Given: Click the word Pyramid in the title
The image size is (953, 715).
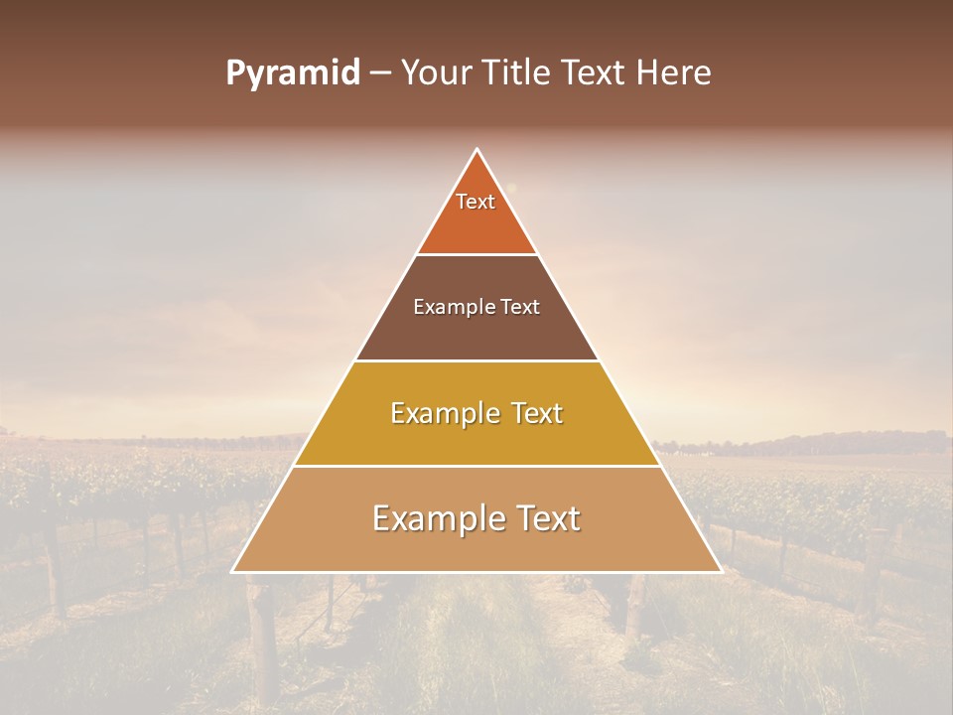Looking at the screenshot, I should coord(292,73).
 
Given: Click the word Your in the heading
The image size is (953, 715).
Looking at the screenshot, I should coord(436,73).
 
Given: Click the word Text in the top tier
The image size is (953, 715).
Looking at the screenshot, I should coord(476,202).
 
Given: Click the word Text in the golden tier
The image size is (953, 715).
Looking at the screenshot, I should coord(534,413).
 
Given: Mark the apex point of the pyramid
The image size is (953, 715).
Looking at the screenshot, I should coord(476,150).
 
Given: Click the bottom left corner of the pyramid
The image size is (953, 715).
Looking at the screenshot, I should coord(233,571).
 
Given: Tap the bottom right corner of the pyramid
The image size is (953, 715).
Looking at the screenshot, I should coord(720,571).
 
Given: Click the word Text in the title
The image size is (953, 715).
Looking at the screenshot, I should coord(597,73).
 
